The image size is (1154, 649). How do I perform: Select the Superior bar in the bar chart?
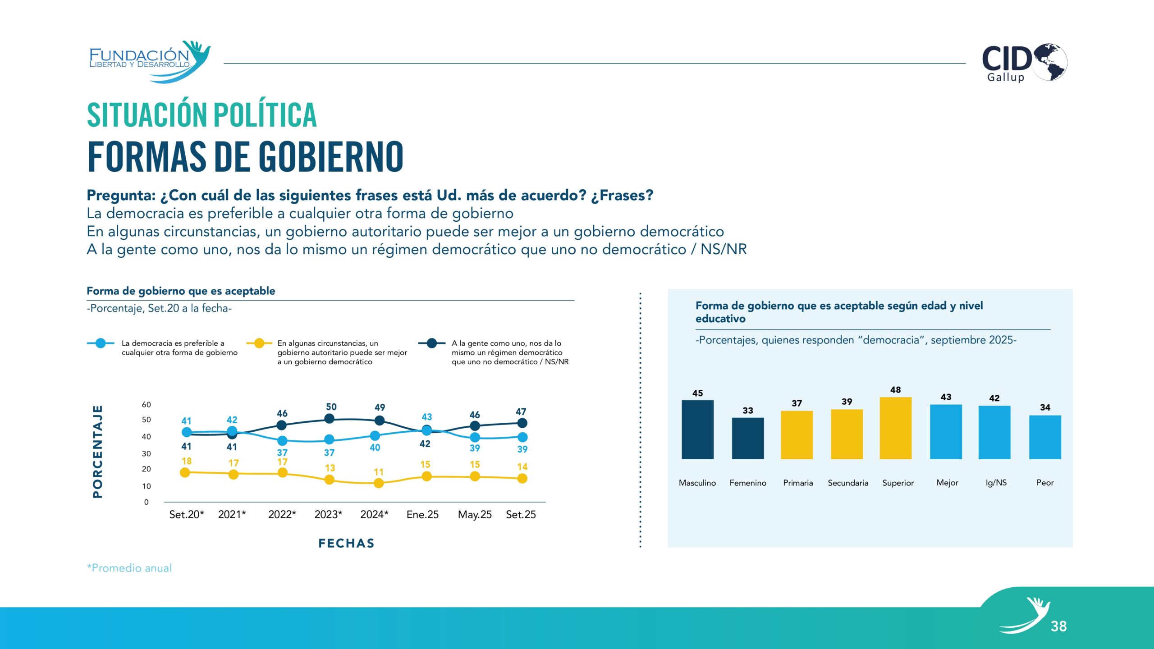[895, 428]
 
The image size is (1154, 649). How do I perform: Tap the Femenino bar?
[747, 438]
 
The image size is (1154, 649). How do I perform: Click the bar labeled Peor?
[1045, 437]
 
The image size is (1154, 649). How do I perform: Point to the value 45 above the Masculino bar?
[697, 393]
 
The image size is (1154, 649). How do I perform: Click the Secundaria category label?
[847, 483]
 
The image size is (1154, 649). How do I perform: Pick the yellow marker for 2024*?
[379, 483]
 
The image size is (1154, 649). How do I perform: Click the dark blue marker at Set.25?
[522, 423]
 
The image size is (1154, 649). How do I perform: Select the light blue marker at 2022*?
[282, 440]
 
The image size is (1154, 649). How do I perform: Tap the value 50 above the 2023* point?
[331, 407]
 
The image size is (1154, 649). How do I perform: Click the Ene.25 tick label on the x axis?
[422, 515]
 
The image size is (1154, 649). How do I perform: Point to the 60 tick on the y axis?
[146, 405]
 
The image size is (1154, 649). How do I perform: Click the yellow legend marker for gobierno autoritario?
[259, 343]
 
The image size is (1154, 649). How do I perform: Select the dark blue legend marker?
[431, 343]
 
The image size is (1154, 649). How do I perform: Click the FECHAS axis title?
[346, 543]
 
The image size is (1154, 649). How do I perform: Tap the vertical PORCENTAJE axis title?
[97, 452]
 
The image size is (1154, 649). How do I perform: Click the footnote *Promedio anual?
[129, 568]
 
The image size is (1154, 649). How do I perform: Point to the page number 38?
[1058, 626]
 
